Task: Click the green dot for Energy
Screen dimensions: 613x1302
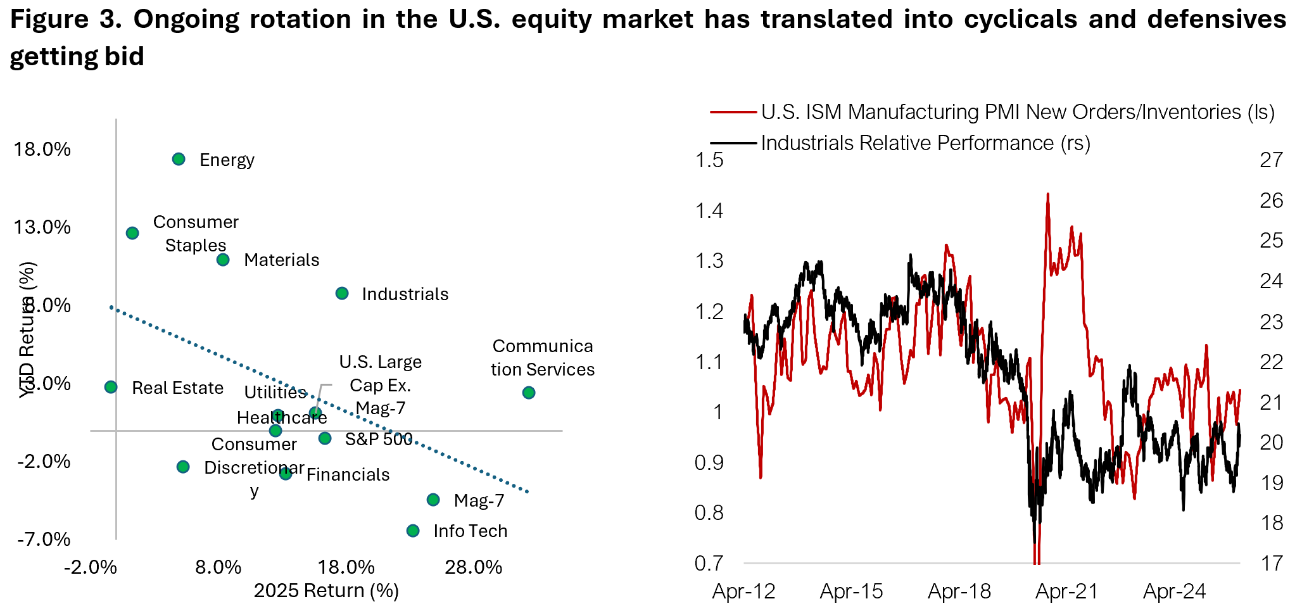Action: click(x=179, y=159)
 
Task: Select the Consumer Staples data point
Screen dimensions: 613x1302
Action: click(x=132, y=233)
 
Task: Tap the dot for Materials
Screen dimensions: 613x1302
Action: click(x=223, y=260)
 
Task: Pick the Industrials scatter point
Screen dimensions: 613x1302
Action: click(x=342, y=293)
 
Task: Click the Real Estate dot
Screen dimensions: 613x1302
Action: click(x=111, y=387)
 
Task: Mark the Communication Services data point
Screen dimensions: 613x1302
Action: click(x=529, y=393)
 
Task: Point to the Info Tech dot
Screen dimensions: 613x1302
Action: click(x=413, y=531)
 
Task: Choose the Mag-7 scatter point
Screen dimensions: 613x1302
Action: click(x=433, y=500)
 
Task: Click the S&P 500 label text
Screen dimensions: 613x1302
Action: click(x=378, y=439)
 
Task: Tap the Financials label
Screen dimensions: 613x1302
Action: click(x=348, y=474)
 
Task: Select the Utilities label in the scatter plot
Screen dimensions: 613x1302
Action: click(x=275, y=392)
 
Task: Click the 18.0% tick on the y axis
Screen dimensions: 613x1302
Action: click(x=42, y=149)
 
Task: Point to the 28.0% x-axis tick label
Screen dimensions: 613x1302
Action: click(x=473, y=567)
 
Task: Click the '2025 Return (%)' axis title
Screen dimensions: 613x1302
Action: click(x=326, y=590)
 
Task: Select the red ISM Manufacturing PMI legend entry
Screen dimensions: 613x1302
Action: click(x=1017, y=112)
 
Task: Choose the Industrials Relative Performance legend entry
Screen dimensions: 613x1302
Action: click(x=925, y=143)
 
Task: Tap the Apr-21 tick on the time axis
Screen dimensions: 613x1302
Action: click(x=1066, y=591)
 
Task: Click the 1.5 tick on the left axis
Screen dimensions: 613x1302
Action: click(x=709, y=160)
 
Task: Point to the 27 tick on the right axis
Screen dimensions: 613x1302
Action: click(x=1271, y=160)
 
